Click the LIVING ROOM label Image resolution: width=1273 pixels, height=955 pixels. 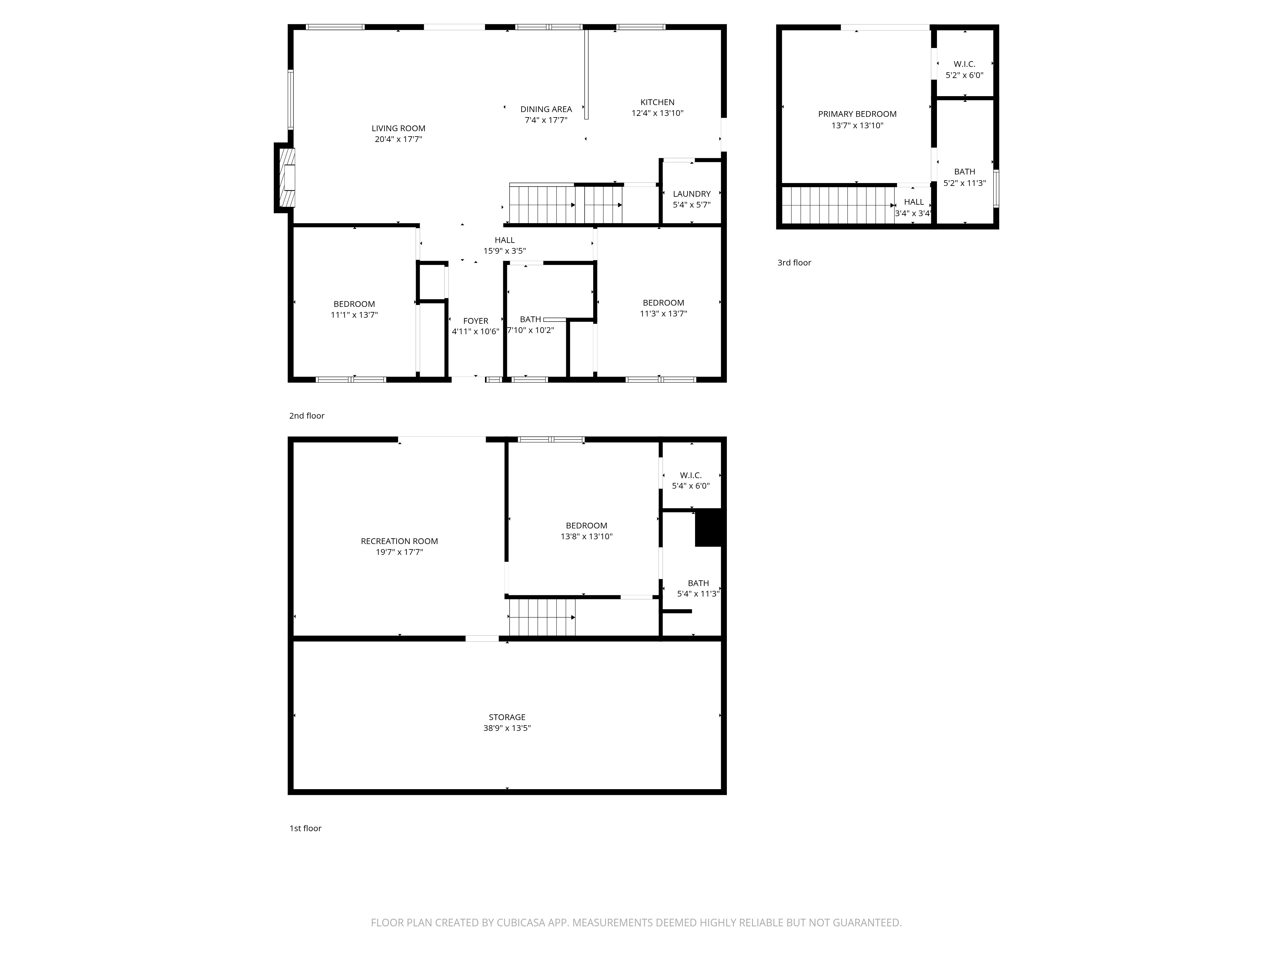398,128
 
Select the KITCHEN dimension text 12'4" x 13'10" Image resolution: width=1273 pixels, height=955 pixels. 657,113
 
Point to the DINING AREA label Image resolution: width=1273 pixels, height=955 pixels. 546,110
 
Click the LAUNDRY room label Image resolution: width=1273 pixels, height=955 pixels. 692,194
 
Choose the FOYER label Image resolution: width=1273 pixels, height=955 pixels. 475,321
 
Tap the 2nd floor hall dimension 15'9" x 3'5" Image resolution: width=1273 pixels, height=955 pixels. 505,251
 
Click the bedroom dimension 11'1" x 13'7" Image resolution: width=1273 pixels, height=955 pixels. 355,315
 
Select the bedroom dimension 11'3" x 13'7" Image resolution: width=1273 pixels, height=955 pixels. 664,314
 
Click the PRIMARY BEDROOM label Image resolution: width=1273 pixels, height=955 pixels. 857,114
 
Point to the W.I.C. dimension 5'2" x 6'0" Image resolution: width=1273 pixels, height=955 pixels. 965,75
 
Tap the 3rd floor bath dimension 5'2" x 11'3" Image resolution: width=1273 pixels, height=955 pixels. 965,183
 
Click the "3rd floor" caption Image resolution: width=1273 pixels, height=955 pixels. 794,263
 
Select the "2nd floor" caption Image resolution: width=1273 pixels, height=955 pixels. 307,416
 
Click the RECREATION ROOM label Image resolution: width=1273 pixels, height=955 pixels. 399,541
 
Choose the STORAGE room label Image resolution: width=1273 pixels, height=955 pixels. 507,717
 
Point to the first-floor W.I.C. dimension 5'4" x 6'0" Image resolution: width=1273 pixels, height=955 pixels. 691,486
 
